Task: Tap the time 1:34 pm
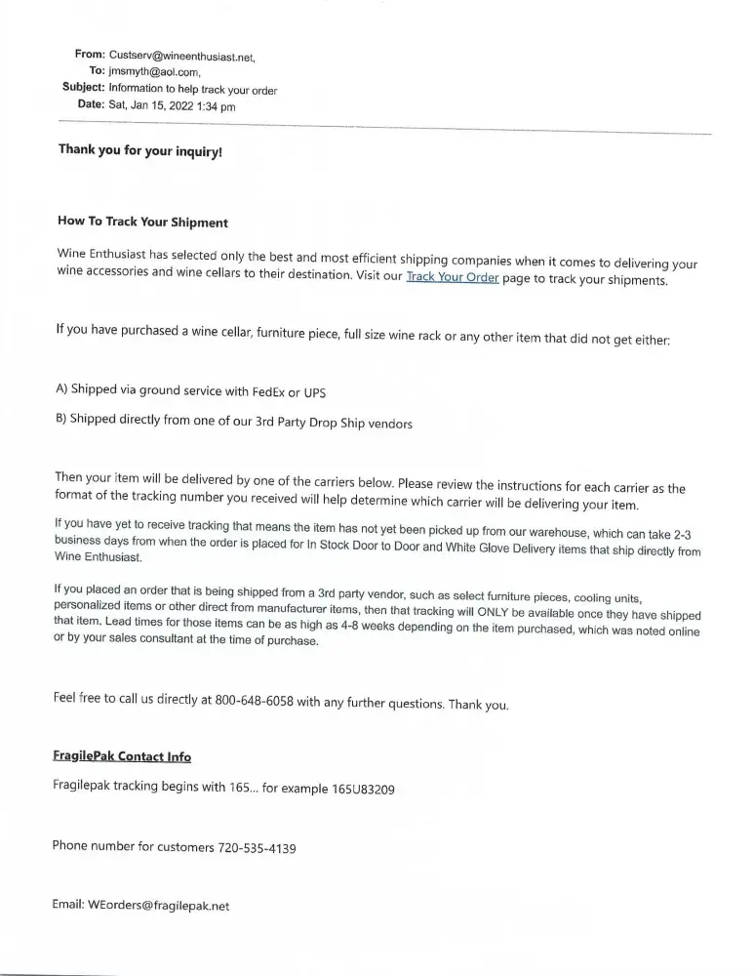tap(216, 105)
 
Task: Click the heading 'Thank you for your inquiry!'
tap(140, 151)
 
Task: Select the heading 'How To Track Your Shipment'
tap(143, 223)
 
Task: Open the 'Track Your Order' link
tap(452, 278)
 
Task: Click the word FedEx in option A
tap(267, 392)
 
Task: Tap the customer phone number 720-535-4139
tap(257, 847)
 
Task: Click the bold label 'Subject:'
tap(83, 89)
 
